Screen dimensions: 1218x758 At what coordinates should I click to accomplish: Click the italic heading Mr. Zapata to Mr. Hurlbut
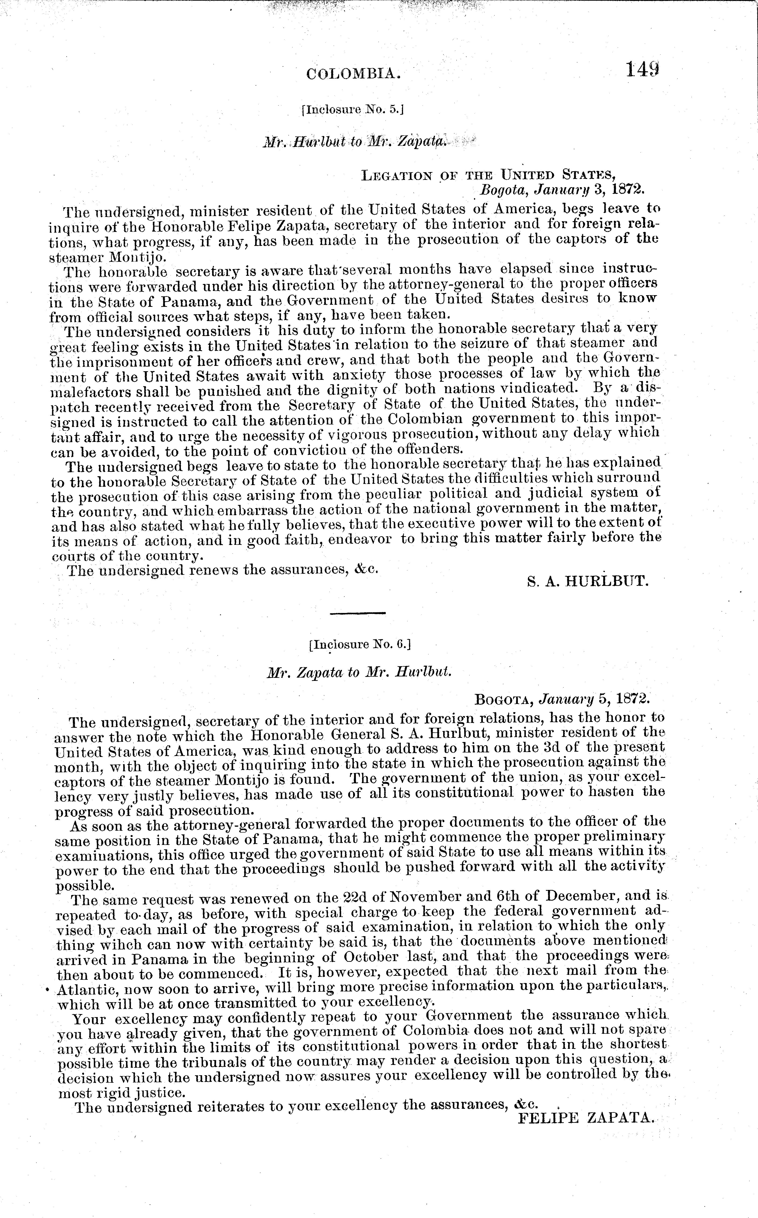[359, 672]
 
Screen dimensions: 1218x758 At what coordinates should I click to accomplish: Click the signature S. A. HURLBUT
[589, 581]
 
